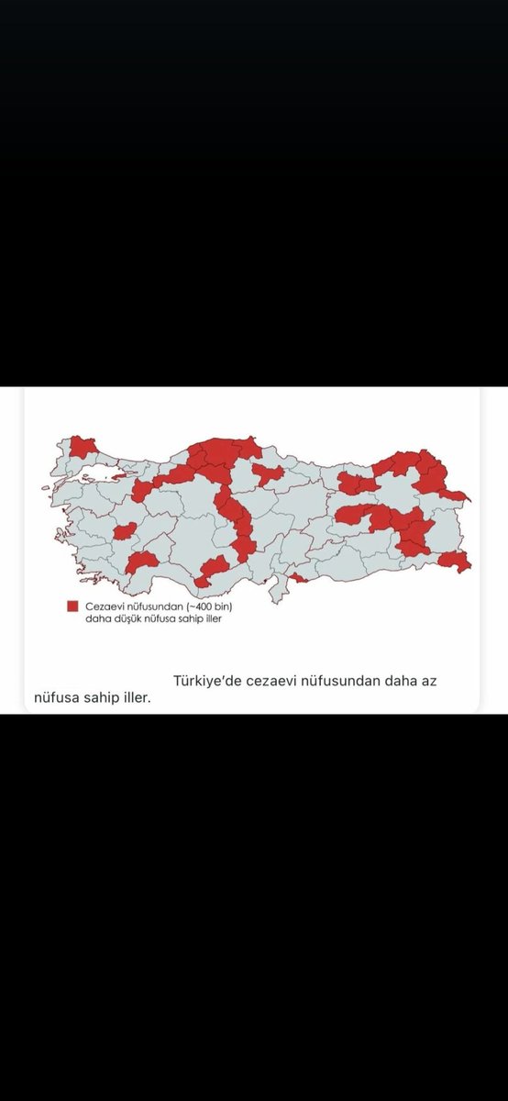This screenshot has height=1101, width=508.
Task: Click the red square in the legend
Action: click(72, 606)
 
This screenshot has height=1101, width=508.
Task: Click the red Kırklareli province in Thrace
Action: click(83, 447)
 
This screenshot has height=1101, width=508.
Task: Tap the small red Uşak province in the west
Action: click(126, 531)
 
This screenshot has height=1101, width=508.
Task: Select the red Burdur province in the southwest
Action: click(142, 562)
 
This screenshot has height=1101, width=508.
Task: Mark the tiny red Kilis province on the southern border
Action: click(299, 578)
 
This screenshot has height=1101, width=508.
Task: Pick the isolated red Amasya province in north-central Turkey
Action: click(267, 473)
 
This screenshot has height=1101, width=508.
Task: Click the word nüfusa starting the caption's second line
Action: click(56, 698)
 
